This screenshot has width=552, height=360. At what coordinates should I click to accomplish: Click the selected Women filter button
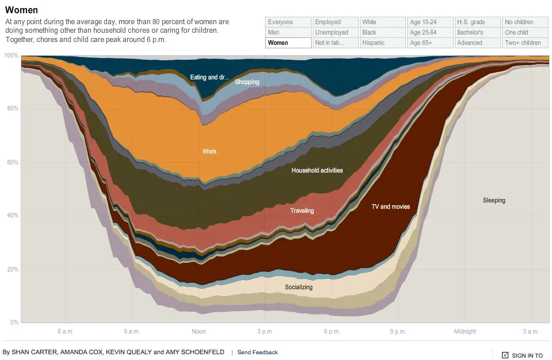[x=288, y=43]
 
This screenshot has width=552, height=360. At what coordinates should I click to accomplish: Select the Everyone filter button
[x=288, y=22]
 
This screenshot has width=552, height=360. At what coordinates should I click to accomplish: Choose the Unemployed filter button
[x=335, y=32]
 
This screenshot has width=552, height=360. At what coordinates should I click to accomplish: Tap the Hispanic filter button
[x=383, y=43]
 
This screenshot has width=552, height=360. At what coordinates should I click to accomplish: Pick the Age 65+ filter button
[x=430, y=43]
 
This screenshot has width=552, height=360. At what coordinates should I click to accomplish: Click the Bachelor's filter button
[x=477, y=32]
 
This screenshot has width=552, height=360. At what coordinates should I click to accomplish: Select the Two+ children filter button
[x=525, y=43]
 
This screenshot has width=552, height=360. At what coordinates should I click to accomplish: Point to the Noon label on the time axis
[x=198, y=331]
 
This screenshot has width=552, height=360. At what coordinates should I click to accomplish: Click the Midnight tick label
[x=465, y=331]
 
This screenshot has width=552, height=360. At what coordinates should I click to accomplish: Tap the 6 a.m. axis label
[x=66, y=331]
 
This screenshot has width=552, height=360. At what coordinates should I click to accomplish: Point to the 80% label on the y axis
[x=13, y=109]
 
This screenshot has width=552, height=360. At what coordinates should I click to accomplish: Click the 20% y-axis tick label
[x=13, y=270]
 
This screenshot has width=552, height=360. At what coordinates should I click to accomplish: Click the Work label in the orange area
[x=209, y=151]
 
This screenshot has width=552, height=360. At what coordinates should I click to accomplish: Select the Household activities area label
[x=317, y=170]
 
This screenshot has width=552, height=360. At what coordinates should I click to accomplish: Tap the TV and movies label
[x=391, y=207]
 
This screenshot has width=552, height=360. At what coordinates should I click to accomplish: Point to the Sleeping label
[x=494, y=201]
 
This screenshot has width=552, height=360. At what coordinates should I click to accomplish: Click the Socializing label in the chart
[x=298, y=287]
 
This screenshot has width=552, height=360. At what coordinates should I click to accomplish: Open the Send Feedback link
[x=258, y=353]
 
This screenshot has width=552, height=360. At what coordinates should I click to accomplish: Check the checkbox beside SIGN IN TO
[x=505, y=355]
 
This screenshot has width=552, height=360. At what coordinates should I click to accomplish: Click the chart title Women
[x=21, y=10]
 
